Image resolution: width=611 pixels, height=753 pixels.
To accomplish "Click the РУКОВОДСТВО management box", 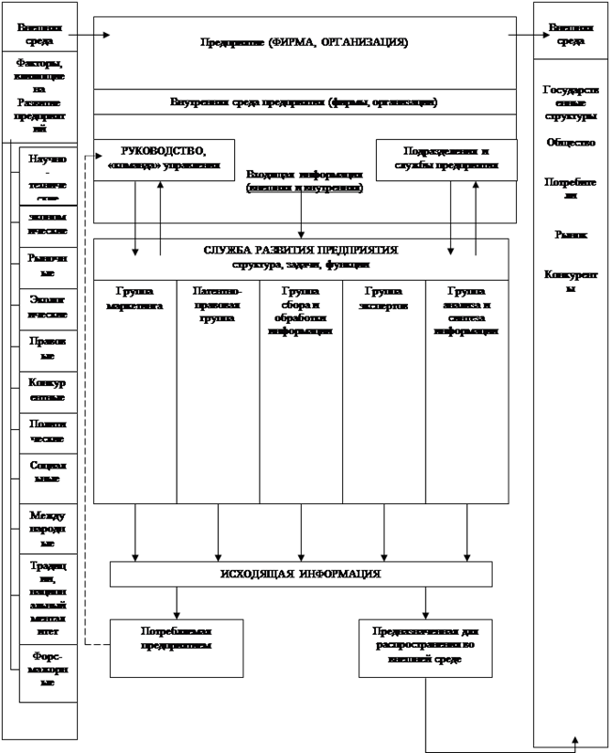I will point(164,158).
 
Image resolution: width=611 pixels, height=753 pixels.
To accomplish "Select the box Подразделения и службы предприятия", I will point(446,158).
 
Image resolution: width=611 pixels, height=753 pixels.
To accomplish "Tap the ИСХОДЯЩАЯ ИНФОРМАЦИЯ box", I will point(301,574).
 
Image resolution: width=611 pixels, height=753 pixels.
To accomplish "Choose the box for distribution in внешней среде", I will point(425,646).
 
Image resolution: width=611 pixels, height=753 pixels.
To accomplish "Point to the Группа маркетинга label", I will point(134,299).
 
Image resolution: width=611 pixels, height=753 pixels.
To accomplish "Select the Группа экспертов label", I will point(384,299).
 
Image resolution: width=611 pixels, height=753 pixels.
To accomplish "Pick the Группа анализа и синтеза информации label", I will point(466,311).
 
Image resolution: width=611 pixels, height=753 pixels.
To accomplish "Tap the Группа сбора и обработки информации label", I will point(301,311).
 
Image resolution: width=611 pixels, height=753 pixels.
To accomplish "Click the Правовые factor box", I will point(47,349).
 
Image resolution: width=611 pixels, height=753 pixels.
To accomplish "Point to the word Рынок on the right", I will point(571,234).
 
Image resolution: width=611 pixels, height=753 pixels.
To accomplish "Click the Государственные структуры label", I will point(571,103).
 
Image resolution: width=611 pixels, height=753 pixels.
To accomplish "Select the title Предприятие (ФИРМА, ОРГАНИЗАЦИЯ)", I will point(305,42).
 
